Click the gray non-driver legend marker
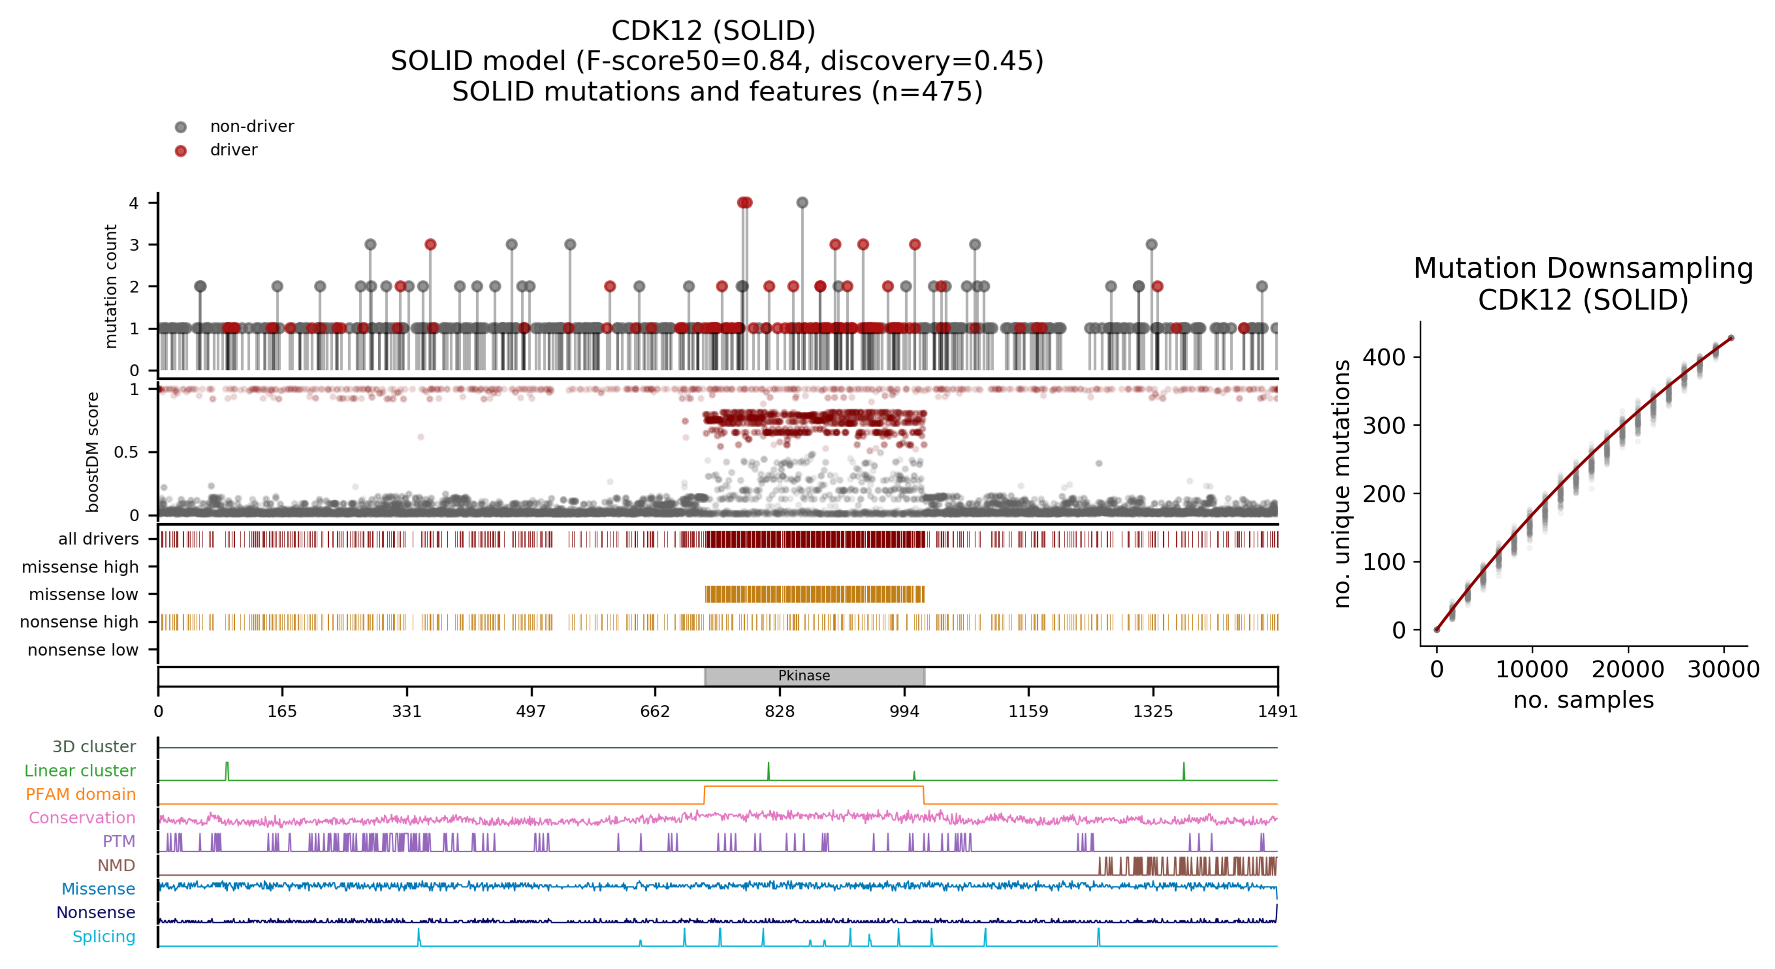180,127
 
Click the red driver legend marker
180,151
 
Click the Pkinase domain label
804,676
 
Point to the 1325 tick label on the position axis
1152,711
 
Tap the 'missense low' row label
83,594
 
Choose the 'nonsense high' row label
79,622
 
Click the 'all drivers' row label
99,539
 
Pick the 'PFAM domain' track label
81,794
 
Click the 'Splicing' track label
104,937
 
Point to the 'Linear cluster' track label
80,770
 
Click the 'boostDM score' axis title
92,452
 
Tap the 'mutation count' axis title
110,286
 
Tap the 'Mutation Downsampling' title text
1583,268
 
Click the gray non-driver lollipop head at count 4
802,202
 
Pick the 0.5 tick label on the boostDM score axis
126,452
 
